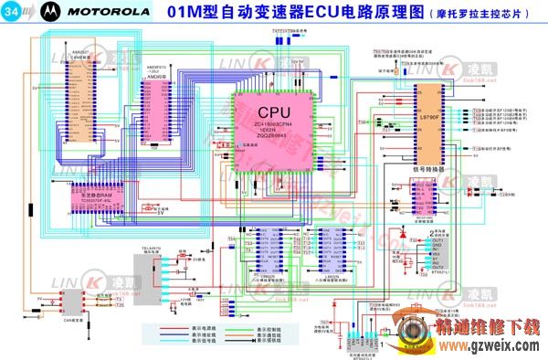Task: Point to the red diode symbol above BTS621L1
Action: [403, 232]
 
